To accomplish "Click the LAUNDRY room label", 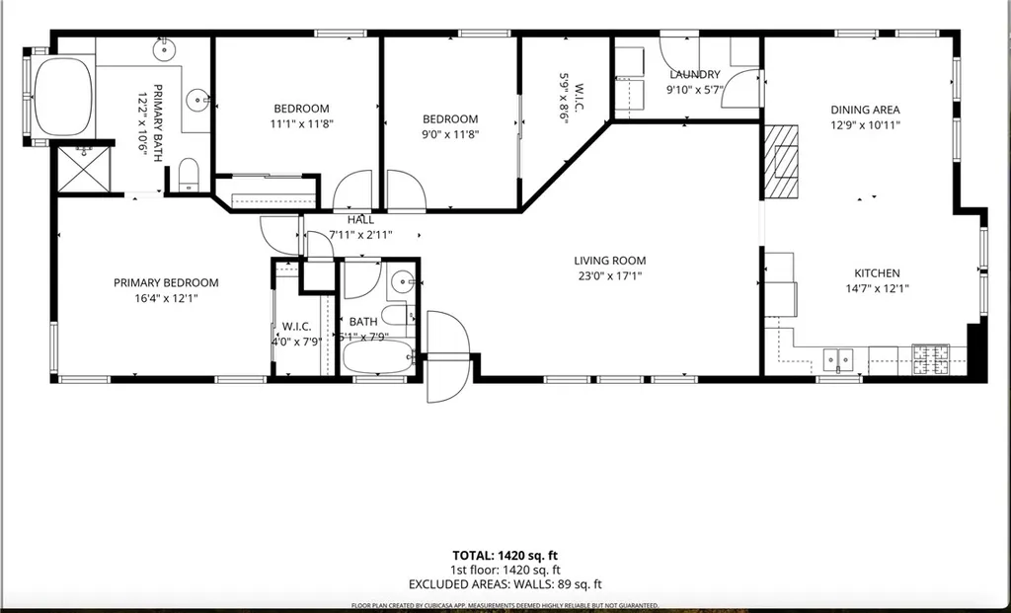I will point(695,75).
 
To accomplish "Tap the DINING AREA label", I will point(865,111).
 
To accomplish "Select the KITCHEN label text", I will point(877,273).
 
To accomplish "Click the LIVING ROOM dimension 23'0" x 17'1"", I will point(610,276).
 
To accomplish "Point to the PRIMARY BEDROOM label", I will point(166,282).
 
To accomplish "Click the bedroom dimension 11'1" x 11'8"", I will point(301,124).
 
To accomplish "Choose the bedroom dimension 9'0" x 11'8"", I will point(450,134).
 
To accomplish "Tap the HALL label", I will point(360,220).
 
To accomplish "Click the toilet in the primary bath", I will point(190,177).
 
